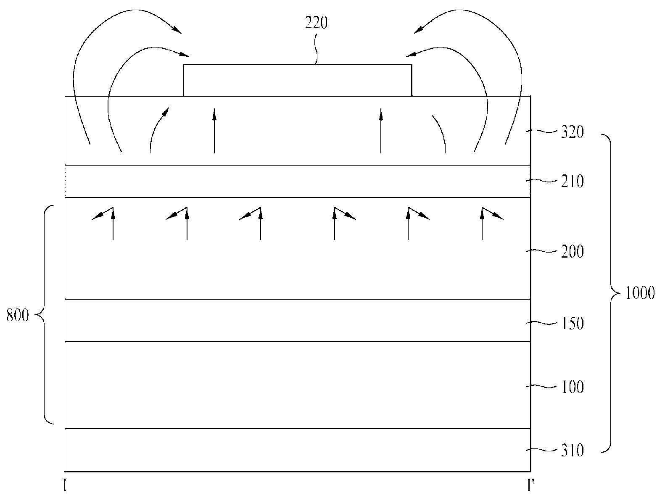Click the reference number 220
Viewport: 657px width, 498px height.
point(316,23)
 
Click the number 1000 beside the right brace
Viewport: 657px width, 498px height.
point(640,293)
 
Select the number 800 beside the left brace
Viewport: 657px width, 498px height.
point(18,316)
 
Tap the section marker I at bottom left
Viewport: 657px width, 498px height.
point(65,487)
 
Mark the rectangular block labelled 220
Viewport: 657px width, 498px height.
point(297,80)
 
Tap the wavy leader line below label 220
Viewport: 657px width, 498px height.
point(317,48)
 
